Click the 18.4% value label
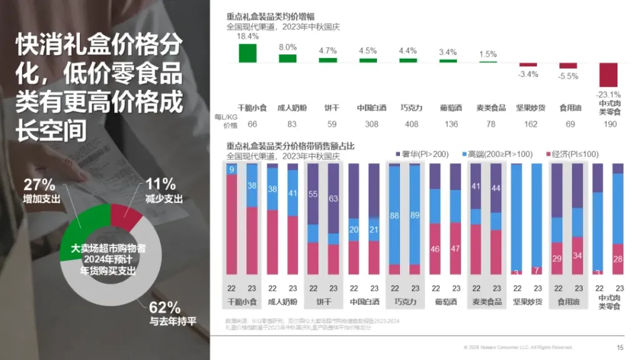click(247, 36)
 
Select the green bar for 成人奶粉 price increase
click(287, 58)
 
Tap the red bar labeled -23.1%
click(608, 75)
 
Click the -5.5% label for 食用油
click(568, 76)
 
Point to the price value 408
click(409, 124)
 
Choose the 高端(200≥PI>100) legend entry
click(497, 154)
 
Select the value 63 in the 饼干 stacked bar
click(333, 199)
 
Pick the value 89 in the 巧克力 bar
click(414, 216)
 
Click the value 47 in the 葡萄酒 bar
click(455, 249)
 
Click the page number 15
click(620, 347)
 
